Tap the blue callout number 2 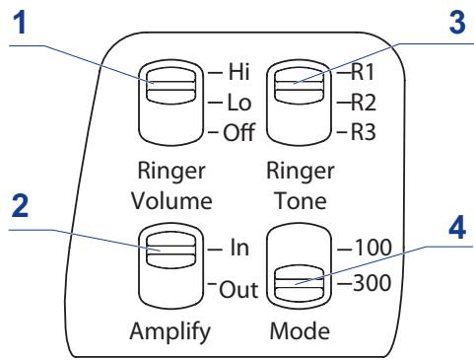pyautogui.click(x=20, y=205)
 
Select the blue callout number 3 pyautogui.click(x=457, y=22)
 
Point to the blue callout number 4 pyautogui.click(x=457, y=228)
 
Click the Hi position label pyautogui.click(x=238, y=71)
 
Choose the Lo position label pyautogui.click(x=239, y=103)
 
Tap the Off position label pyautogui.click(x=238, y=132)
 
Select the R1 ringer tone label pyautogui.click(x=363, y=71)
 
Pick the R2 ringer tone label pyautogui.click(x=364, y=103)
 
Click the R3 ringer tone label pyautogui.click(x=363, y=132)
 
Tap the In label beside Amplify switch pyautogui.click(x=239, y=248)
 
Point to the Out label pyautogui.click(x=238, y=289)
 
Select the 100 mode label pyautogui.click(x=372, y=248)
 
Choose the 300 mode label pyautogui.click(x=372, y=282)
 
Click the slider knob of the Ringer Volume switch pyautogui.click(x=170, y=85)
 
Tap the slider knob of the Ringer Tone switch pyautogui.click(x=300, y=84)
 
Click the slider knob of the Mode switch pyautogui.click(x=300, y=282)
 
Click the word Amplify pyautogui.click(x=170, y=331)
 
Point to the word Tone pyautogui.click(x=301, y=200)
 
